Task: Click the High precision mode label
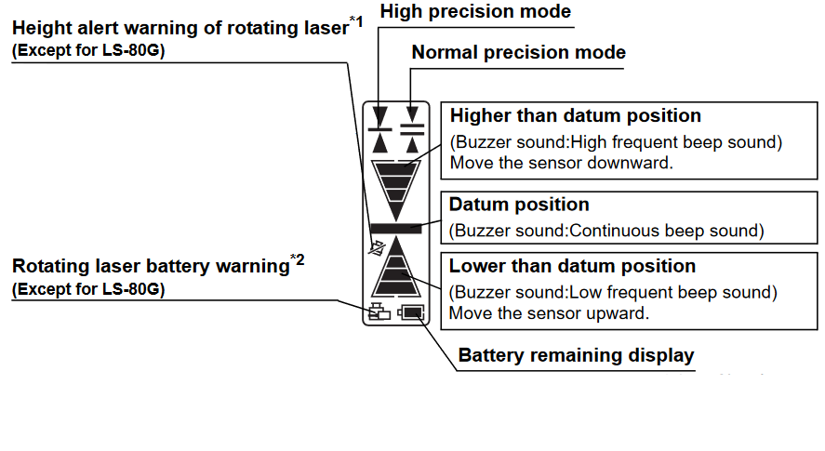pos(475,12)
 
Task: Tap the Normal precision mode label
pos(518,53)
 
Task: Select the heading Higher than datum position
pos(575,116)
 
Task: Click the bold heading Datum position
pos(519,205)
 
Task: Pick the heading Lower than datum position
pos(572,267)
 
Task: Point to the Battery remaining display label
pos(576,355)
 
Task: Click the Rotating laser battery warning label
pos(151,268)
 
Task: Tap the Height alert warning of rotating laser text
pos(180,28)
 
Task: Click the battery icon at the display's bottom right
pos(410,313)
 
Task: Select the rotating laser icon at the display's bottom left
pos(379,313)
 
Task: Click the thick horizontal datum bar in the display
pos(396,228)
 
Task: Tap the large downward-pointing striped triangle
pos(396,184)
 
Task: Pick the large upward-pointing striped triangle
pos(396,271)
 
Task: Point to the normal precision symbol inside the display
pos(412,128)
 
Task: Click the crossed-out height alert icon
pos(377,249)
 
